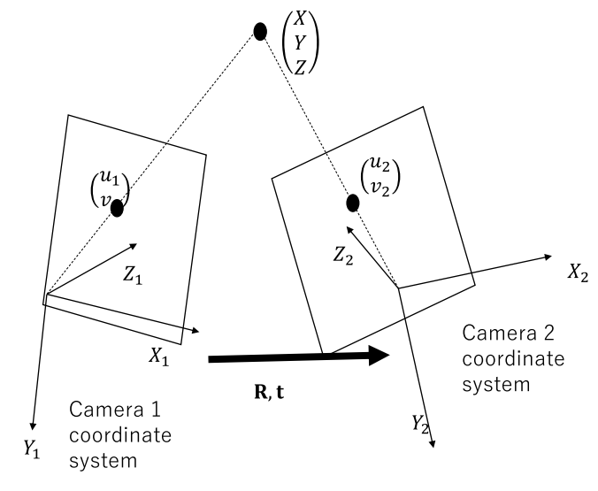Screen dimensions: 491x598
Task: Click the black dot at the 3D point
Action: [x=260, y=32]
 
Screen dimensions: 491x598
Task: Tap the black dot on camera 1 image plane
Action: [x=117, y=209]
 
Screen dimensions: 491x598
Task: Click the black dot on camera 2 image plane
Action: [x=352, y=203]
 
